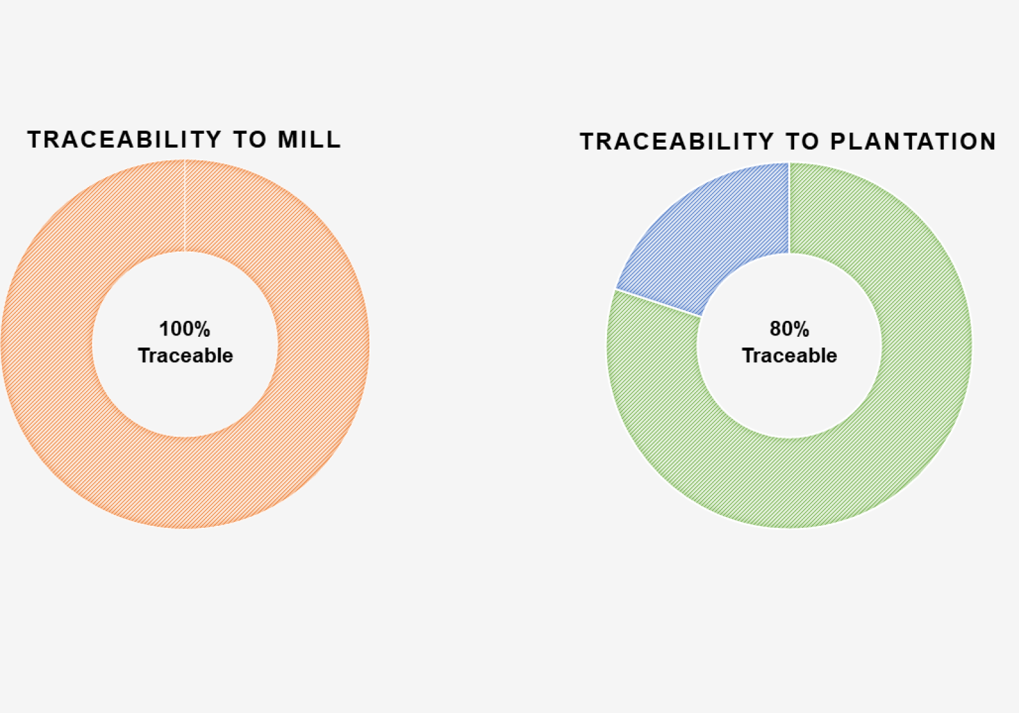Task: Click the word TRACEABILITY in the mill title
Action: [124, 139]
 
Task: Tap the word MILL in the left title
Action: [310, 139]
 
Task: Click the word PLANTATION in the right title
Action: [913, 141]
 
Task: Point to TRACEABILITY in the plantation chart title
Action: [676, 141]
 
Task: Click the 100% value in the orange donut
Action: [185, 328]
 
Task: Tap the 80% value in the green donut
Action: [789, 328]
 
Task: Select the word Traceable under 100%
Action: [185, 356]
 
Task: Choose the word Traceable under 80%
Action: [789, 356]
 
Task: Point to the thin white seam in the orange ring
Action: [185, 205]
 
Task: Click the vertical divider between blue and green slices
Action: [789, 208]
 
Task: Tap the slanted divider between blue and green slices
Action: [659, 302]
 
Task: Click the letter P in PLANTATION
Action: [837, 141]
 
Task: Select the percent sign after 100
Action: [201, 328]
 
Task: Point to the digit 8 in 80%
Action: [774, 328]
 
